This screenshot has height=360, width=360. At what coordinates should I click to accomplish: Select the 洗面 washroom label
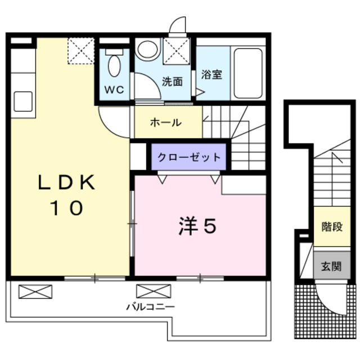[173, 82]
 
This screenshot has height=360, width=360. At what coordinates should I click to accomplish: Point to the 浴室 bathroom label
[211, 74]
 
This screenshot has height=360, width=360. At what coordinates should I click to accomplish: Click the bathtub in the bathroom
[247, 73]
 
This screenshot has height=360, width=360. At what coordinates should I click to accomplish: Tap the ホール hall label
[166, 123]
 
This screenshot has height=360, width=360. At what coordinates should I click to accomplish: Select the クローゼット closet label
[188, 157]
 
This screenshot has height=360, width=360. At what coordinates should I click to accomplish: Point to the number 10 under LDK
[68, 208]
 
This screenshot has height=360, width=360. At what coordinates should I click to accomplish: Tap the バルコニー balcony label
[150, 307]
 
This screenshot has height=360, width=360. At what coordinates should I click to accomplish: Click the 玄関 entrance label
[331, 267]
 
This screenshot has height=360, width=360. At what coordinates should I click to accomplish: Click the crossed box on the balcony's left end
[35, 291]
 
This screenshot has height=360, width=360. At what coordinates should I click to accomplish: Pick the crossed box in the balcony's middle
[154, 291]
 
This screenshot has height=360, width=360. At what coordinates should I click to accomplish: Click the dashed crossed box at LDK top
[80, 51]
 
